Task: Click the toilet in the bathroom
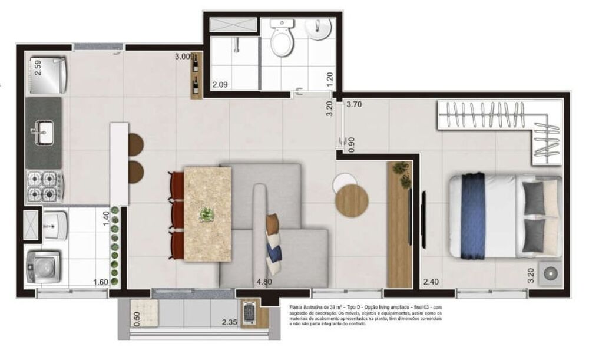point(282,40)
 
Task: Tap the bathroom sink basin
point(321,29)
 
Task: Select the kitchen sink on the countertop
point(44,132)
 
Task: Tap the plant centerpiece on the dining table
point(206,214)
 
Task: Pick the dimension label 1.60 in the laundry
point(101,282)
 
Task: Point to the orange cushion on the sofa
point(272,223)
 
